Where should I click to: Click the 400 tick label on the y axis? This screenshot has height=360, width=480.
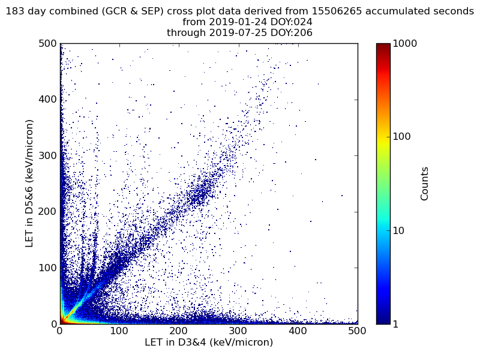point(47,100)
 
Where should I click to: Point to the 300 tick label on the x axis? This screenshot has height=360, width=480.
point(238,331)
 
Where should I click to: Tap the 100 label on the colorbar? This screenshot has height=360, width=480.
point(401,137)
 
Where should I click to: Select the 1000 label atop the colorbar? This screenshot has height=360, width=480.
point(404,43)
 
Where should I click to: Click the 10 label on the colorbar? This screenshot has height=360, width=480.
point(398,231)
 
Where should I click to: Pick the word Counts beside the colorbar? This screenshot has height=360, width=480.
point(424,184)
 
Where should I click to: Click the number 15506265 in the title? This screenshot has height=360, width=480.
point(337,11)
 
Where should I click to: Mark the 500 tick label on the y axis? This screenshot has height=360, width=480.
point(47,43)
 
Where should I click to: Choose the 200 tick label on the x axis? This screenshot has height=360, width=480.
point(179,331)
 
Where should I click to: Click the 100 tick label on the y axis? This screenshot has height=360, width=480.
point(47,268)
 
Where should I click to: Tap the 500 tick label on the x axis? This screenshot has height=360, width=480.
point(357,331)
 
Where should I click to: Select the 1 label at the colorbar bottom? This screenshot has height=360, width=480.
point(395,324)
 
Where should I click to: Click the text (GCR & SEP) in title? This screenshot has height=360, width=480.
point(133,11)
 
